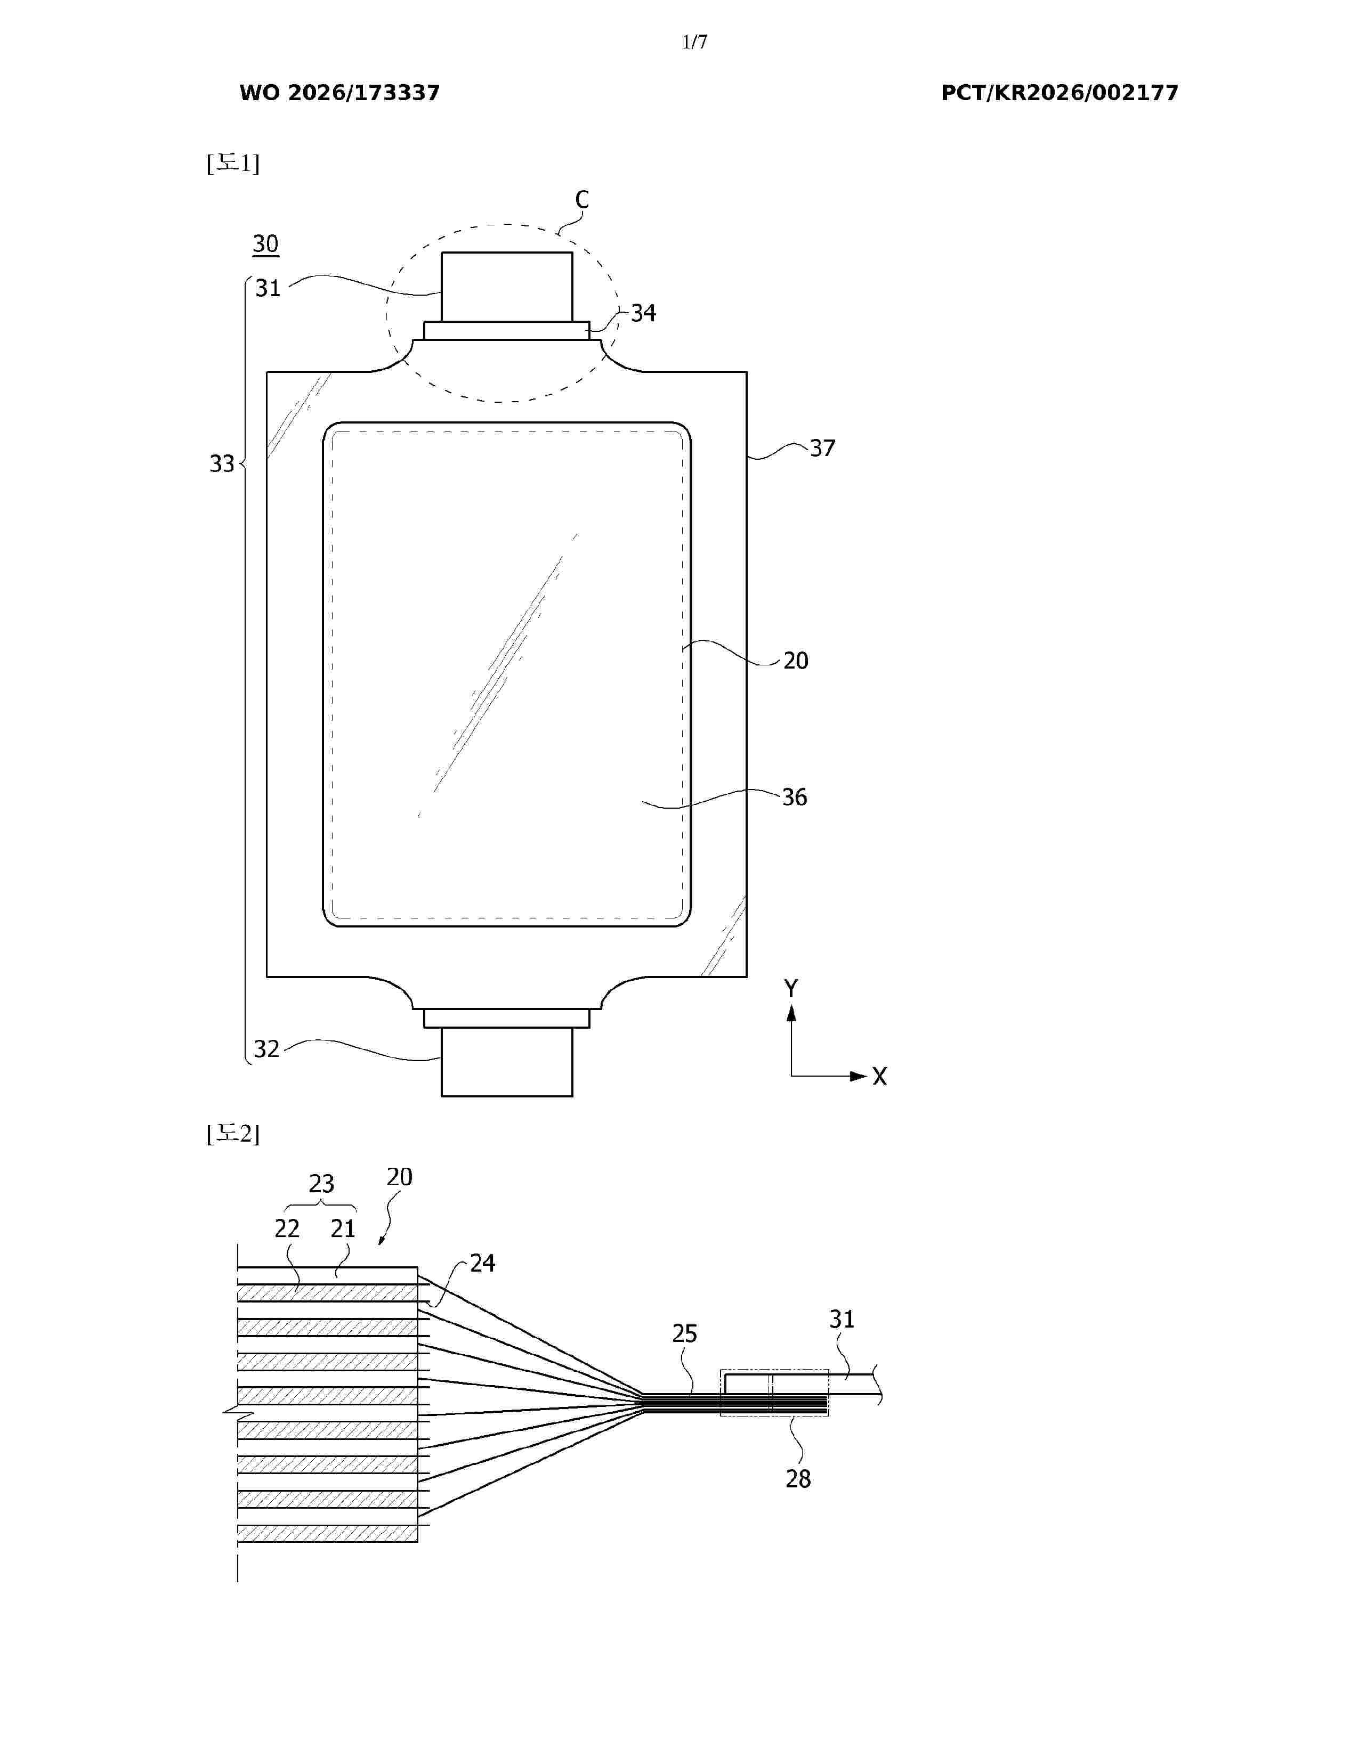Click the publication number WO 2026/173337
point(340,93)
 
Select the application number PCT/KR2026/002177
point(1059,93)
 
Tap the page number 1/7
point(695,42)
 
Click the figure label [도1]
point(233,164)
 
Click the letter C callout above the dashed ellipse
point(582,200)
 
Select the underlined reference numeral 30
point(266,245)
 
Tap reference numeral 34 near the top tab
point(643,313)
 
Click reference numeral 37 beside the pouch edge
point(823,449)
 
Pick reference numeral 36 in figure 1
point(795,797)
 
